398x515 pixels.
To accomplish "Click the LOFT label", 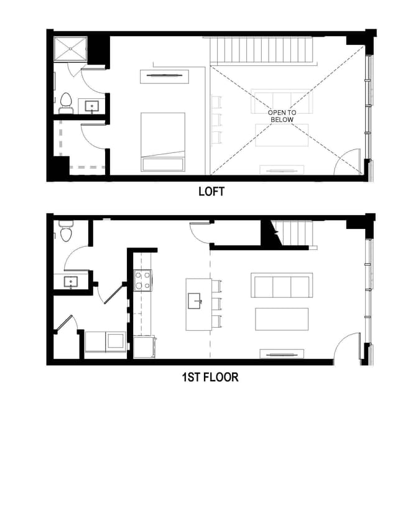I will click(211, 192).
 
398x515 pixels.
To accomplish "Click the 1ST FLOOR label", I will click(210, 377).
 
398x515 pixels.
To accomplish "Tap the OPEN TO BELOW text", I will click(282, 116).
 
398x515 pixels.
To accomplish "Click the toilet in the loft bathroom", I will click(65, 104).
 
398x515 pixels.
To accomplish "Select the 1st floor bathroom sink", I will click(72, 282).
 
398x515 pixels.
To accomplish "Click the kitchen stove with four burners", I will click(142, 280).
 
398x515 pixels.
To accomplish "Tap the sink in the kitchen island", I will click(197, 301).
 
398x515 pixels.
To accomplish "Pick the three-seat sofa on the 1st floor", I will click(281, 285).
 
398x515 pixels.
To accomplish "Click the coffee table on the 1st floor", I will click(282, 319).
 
